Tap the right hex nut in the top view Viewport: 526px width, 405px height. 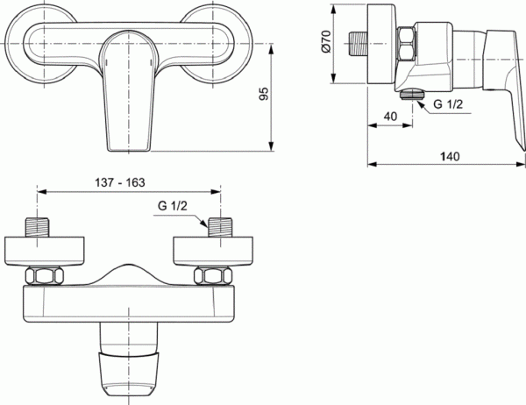tap(210, 276)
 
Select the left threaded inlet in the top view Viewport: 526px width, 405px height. tap(38, 227)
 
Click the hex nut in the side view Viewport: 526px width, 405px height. tap(409, 44)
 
